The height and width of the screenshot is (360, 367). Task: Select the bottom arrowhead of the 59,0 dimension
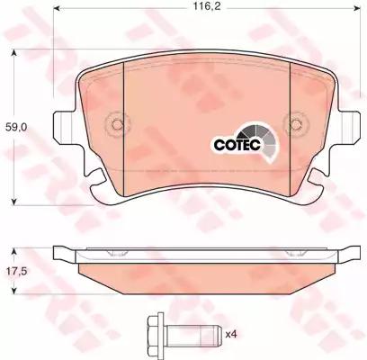(x=12, y=199)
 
